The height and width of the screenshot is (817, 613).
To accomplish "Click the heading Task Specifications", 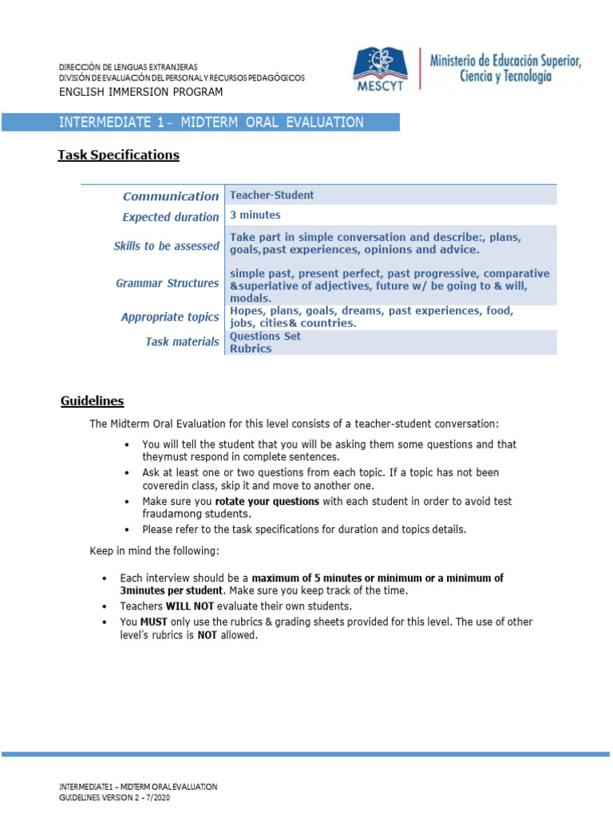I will click(118, 155).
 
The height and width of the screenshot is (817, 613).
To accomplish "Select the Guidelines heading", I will click(92, 401).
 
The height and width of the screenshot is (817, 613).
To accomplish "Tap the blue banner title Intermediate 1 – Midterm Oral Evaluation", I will click(212, 122).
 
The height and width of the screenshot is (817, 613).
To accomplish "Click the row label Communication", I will click(170, 196).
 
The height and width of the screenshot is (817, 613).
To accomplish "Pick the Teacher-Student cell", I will click(271, 195).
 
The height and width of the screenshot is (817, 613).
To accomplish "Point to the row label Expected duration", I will click(170, 217).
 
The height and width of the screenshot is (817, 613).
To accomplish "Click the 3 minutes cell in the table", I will click(255, 215).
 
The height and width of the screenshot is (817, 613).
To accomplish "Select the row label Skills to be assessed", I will click(166, 247).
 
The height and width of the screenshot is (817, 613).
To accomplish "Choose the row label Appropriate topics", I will click(169, 318).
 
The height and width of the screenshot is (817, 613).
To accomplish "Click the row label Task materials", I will click(181, 341).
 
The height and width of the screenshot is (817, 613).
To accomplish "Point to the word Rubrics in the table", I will click(250, 349).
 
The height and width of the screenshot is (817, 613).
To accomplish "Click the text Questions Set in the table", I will click(265, 336).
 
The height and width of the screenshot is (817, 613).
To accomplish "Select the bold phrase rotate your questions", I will click(267, 501).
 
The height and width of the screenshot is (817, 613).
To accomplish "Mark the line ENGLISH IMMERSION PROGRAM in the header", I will click(141, 93).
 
